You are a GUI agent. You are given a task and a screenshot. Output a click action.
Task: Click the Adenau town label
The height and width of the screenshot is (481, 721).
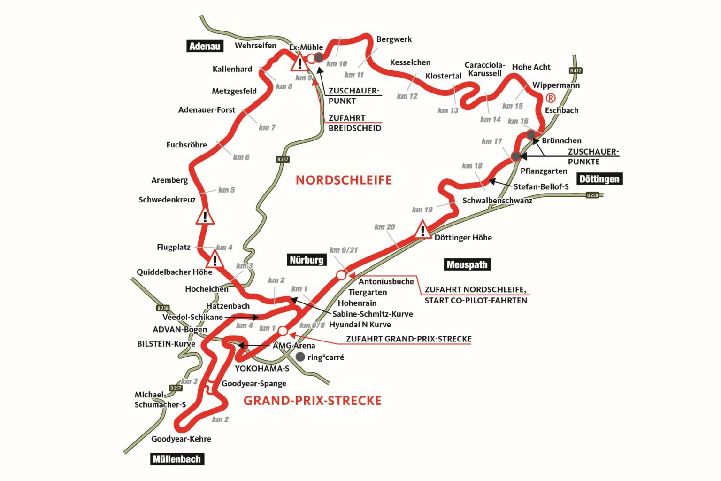(x=205, y=46)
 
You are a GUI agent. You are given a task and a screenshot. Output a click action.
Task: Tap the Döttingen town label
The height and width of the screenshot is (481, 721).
(x=599, y=179)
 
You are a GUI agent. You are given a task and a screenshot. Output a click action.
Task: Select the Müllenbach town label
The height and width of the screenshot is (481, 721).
(x=177, y=459)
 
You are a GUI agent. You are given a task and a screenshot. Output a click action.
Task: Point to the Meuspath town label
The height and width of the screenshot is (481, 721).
(x=467, y=264)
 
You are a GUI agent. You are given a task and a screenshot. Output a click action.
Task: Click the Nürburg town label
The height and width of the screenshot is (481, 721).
(x=307, y=260)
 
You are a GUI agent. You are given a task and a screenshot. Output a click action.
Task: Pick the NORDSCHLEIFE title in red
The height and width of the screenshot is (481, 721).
(x=344, y=180)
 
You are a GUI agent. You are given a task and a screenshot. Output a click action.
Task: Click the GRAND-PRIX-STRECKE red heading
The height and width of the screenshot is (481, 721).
(x=312, y=401)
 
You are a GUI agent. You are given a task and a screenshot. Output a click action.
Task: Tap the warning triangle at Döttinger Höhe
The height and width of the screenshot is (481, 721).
(x=422, y=231)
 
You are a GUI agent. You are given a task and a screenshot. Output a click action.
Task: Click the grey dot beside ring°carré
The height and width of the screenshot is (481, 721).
(x=300, y=357)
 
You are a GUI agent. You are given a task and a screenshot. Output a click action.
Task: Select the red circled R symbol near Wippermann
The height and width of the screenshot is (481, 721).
(x=551, y=98)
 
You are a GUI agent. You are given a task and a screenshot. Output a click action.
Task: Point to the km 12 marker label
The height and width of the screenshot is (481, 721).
(x=407, y=96)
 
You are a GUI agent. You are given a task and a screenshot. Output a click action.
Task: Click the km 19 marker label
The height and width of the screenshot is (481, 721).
(x=422, y=209)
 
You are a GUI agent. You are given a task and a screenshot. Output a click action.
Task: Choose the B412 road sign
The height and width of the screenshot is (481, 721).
(x=575, y=70)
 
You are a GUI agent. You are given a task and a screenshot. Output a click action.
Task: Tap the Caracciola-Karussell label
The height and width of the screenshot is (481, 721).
(x=484, y=69)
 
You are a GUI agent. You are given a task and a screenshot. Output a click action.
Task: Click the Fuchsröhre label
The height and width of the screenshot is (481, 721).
(x=186, y=145)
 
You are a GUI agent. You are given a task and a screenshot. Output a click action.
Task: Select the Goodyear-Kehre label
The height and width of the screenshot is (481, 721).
(x=181, y=439)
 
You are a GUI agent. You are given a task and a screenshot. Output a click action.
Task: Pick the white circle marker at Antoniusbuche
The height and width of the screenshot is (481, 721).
(x=341, y=275)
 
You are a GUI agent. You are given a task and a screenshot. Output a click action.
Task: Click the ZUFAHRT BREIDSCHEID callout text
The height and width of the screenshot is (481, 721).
(x=354, y=123)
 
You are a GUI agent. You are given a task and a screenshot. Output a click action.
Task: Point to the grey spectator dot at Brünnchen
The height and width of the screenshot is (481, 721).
(x=531, y=135)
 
